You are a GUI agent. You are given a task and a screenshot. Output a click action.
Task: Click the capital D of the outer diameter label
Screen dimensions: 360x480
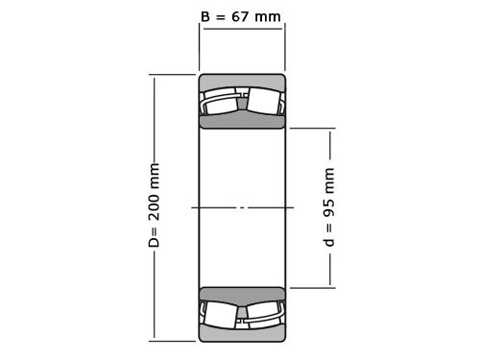155,241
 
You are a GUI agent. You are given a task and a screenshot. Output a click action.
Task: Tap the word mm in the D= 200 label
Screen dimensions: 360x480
155,177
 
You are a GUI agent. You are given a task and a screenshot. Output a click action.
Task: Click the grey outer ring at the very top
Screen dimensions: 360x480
242,81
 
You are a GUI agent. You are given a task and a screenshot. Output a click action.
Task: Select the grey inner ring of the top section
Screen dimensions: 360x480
242,121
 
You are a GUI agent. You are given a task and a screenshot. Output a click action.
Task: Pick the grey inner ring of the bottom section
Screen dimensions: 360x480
242,294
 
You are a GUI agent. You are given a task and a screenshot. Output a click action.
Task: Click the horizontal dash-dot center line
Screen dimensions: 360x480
242,207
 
